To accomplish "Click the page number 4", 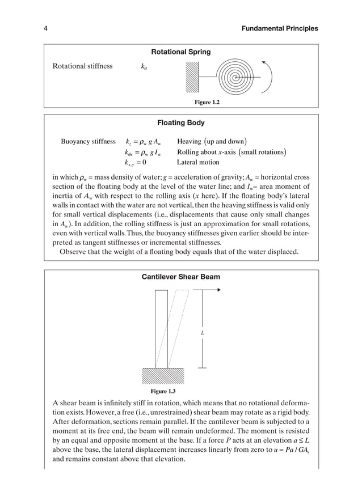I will tap(45, 28).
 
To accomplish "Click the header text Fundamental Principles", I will tap(280, 28).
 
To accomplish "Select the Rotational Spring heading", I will tap(181, 52).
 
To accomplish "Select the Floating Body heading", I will tap(181, 122).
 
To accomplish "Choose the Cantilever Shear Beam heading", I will tap(180, 277).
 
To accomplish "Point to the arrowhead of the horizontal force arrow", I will tap(217, 290).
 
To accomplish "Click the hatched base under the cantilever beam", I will tap(163, 375).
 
